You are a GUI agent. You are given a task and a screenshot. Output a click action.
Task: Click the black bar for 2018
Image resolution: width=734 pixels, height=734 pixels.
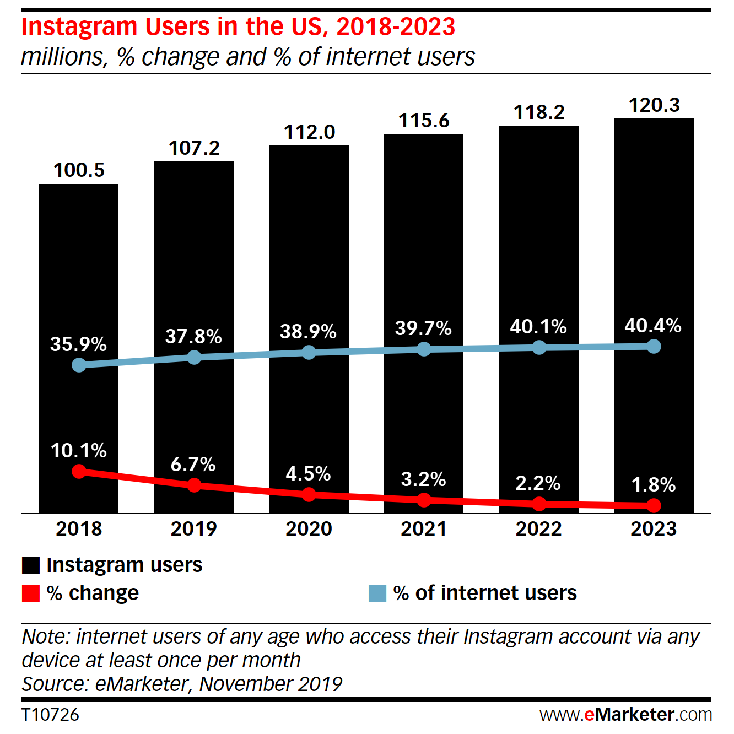[x=79, y=265]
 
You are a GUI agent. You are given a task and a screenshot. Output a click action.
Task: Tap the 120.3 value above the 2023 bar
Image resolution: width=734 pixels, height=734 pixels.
[x=654, y=105]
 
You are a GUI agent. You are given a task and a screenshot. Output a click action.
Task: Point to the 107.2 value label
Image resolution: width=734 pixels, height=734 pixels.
[x=194, y=148]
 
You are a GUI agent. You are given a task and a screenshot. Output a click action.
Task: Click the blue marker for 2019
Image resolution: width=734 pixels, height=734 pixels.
[x=194, y=358]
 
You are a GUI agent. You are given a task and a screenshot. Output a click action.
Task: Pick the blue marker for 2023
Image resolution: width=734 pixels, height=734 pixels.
[x=654, y=346]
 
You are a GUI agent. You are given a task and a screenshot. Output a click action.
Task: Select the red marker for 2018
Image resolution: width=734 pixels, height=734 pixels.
[x=79, y=471]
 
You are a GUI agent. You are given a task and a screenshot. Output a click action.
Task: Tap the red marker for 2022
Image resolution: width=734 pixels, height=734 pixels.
[x=539, y=503]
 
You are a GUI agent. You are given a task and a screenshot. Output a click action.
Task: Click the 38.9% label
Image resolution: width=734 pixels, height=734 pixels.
[x=308, y=331]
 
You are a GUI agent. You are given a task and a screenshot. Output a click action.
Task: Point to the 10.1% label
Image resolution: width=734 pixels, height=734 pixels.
[x=79, y=451]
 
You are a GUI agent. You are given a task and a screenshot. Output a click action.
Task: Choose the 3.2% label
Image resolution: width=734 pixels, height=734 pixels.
[x=423, y=479]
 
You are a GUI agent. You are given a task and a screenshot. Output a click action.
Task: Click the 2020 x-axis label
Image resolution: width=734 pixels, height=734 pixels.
[x=309, y=528]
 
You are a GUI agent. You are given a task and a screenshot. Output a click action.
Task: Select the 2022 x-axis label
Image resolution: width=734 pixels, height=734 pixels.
[x=538, y=528]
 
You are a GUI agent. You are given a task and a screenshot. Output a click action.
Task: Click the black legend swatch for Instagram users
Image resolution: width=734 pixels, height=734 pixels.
[x=31, y=565]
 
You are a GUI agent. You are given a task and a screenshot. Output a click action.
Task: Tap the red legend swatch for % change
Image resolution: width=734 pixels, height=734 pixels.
[x=31, y=593]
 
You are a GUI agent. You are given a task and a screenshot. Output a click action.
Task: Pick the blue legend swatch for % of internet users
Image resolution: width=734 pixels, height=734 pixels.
[x=377, y=593]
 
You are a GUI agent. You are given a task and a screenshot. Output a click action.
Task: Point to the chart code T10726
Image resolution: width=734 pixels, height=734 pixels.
[x=50, y=715]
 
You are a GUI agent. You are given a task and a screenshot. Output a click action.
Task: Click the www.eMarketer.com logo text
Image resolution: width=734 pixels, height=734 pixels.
[x=625, y=715]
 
